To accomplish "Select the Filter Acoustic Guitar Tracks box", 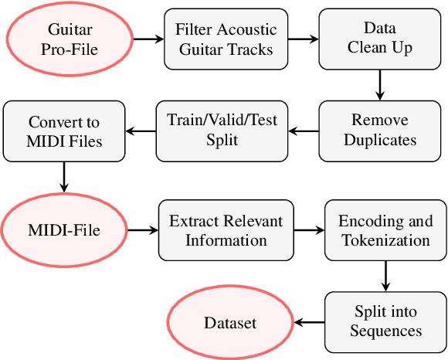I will point(225,38).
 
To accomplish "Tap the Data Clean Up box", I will point(378,38).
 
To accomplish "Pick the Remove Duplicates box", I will point(379,130).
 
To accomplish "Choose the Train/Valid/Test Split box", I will point(222,130).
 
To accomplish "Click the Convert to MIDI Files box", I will point(65,131).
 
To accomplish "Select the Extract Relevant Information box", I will point(226,230).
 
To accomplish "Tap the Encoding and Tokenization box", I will point(385,230).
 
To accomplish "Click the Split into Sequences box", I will point(385,321).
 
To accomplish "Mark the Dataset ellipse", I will point(229,322).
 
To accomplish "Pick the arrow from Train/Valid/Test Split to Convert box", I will point(141,130).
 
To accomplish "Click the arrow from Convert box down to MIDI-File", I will point(65,177).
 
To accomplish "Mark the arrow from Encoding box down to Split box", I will point(385,275).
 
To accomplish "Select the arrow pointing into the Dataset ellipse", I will point(308,322).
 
